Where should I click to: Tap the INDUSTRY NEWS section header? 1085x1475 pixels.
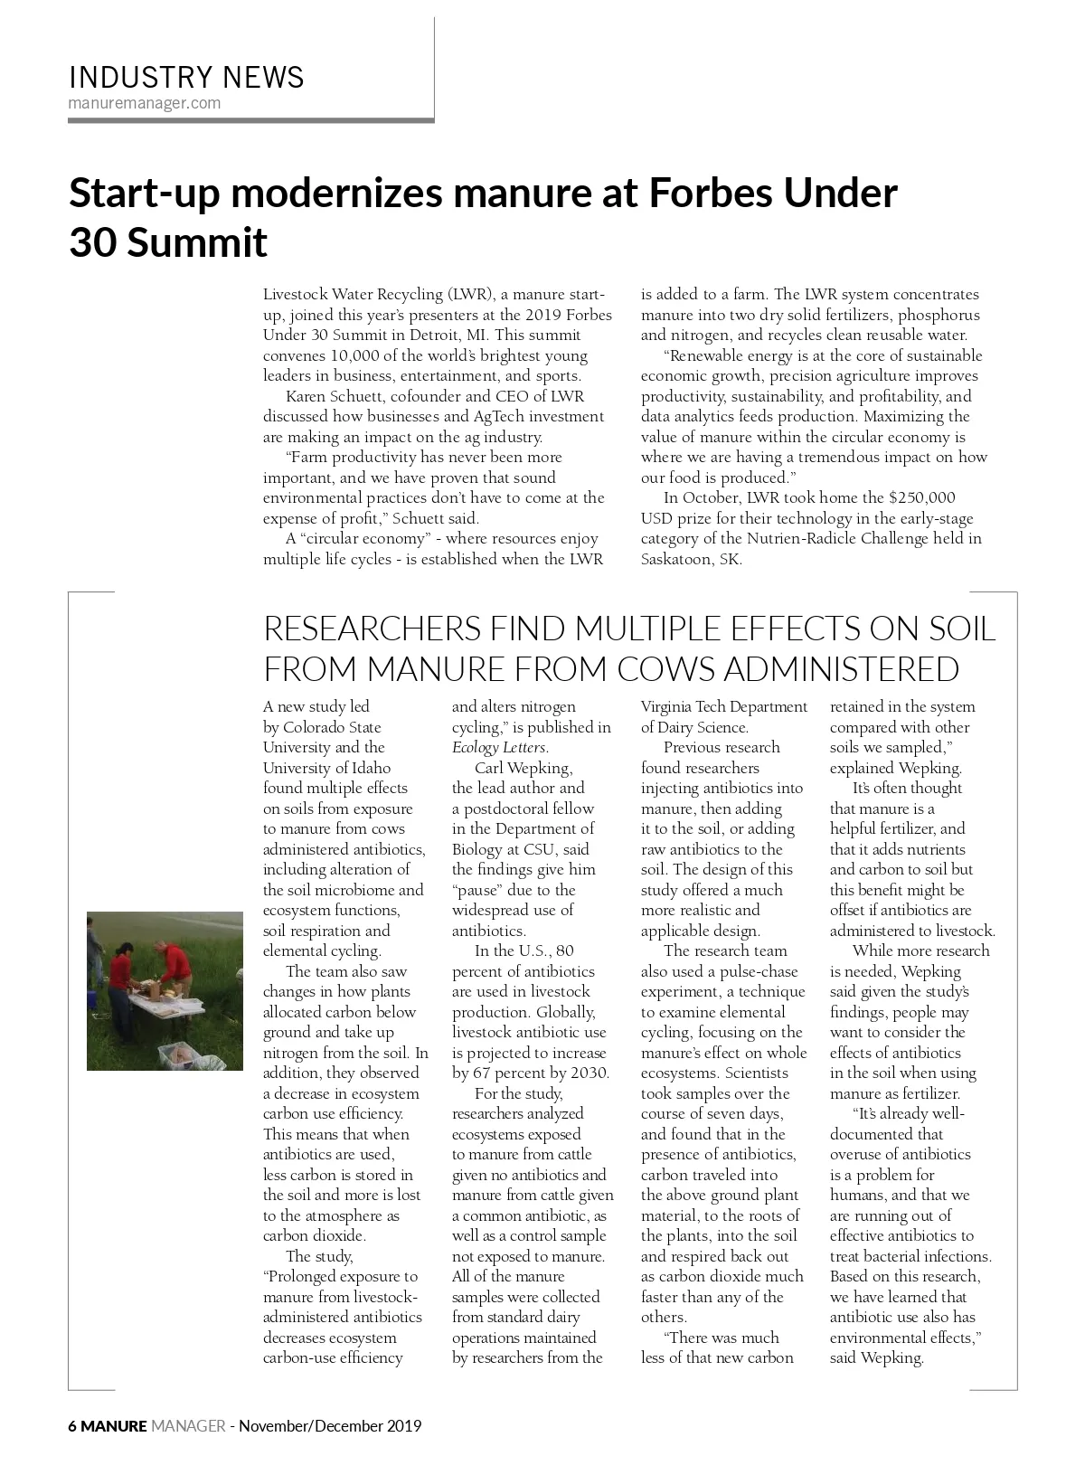(186, 78)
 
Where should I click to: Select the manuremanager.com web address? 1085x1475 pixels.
(145, 102)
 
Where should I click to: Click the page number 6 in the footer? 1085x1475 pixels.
(72, 1427)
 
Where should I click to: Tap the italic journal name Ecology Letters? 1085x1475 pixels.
(499, 748)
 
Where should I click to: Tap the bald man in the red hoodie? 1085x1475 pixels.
(175, 966)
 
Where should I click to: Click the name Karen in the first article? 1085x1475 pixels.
(306, 396)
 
